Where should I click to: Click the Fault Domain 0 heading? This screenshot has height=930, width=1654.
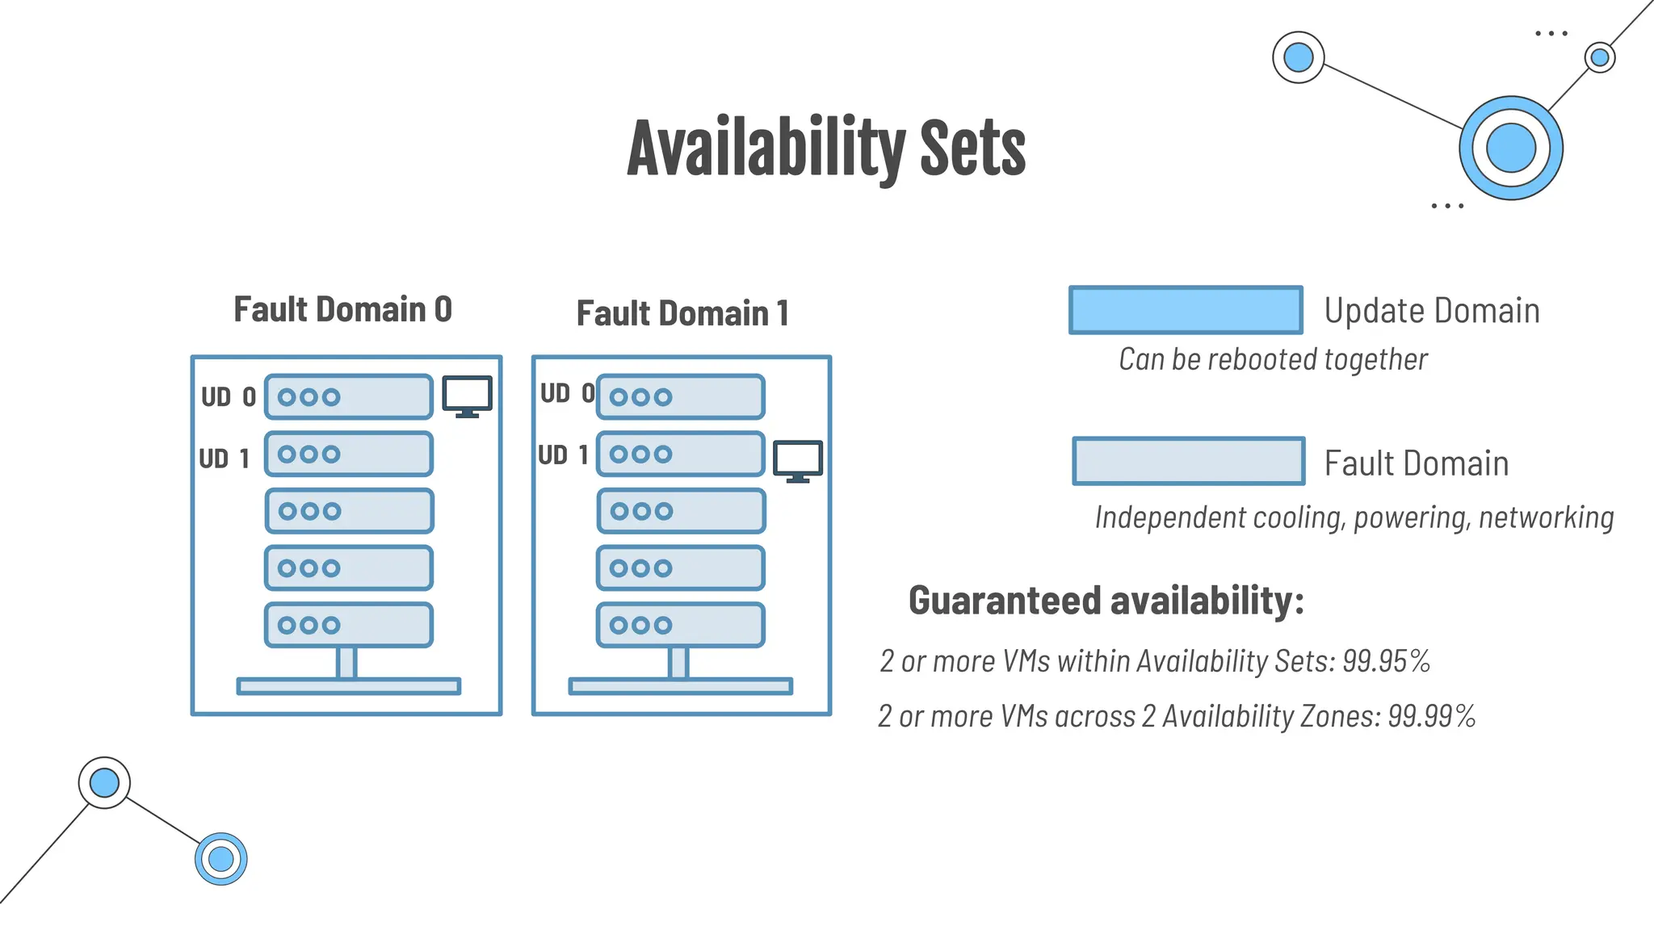point(342,310)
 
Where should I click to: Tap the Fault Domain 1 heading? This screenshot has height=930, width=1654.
point(682,314)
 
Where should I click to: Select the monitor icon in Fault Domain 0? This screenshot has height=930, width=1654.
point(467,396)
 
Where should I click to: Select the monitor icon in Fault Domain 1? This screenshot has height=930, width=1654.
point(798,461)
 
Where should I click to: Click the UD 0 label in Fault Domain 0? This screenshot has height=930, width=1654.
point(229,397)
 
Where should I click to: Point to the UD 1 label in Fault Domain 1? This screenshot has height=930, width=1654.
point(563,455)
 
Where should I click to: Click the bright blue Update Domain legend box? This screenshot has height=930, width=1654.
point(1186,310)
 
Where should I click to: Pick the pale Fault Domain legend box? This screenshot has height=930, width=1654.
point(1188,462)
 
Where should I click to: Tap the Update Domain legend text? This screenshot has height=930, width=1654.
point(1431,311)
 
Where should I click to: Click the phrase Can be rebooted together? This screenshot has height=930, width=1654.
point(1273,360)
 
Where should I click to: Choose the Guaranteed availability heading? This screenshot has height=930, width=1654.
point(1106,601)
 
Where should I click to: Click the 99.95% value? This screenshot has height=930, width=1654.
point(1386,661)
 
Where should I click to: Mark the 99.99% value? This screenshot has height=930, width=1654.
point(1431,716)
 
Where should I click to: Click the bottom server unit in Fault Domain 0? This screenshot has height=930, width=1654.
point(349,625)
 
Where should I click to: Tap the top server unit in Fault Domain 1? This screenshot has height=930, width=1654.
point(681,396)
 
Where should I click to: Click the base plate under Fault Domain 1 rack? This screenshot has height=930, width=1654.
point(680,686)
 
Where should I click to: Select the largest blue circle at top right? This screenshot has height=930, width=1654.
point(1510,149)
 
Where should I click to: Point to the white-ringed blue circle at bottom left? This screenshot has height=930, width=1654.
point(104,782)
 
